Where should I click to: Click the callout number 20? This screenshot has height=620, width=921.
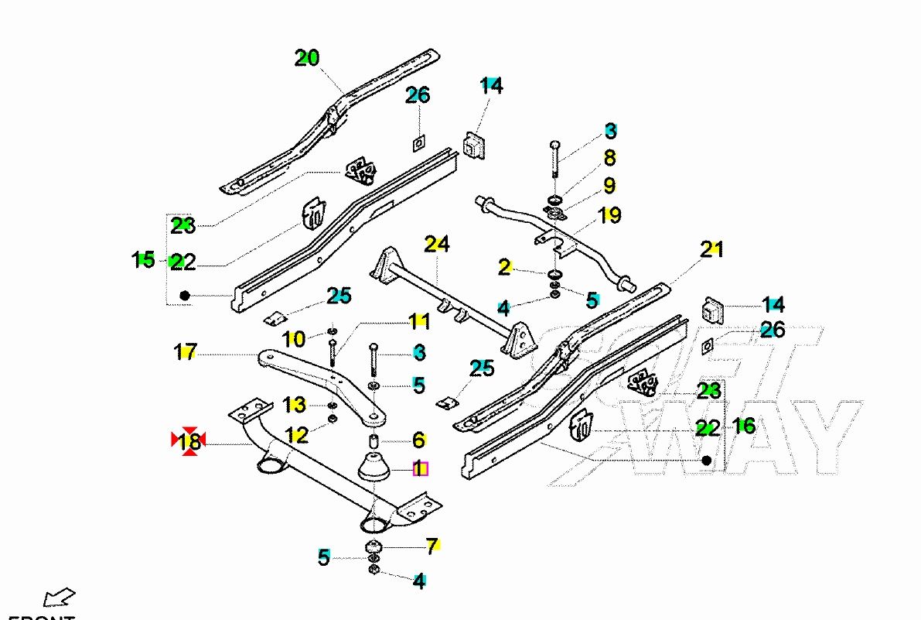click(307, 58)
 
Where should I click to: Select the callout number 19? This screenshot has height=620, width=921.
click(609, 214)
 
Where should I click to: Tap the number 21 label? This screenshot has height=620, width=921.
click(711, 249)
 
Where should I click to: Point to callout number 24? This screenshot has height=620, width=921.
click(436, 245)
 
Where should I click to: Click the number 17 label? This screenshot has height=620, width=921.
click(186, 353)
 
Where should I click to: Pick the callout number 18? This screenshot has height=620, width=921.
click(189, 442)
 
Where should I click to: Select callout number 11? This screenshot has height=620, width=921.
click(418, 320)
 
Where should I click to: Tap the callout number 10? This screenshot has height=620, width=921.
click(294, 337)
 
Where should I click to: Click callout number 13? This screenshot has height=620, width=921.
click(295, 405)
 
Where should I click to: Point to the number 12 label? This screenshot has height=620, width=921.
click(296, 435)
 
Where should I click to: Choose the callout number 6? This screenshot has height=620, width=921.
click(418, 440)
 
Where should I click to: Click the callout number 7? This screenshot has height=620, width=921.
click(432, 545)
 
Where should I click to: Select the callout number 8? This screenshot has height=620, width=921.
click(609, 158)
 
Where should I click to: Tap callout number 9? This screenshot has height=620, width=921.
click(609, 186)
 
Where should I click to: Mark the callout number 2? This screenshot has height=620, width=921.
click(504, 268)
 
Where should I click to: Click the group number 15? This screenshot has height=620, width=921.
click(144, 260)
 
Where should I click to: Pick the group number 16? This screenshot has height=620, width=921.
click(744, 425)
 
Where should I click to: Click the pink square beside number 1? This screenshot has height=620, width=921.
click(421, 468)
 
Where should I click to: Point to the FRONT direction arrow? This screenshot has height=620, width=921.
click(59, 598)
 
